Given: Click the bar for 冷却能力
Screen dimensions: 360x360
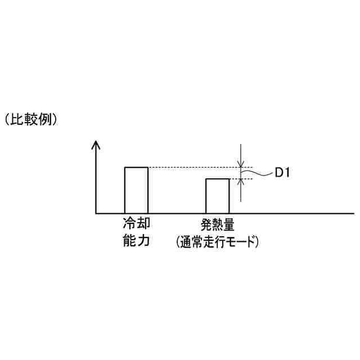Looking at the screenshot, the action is pyautogui.click(x=136, y=190).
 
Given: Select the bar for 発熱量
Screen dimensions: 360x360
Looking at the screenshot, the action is pyautogui.click(x=217, y=196).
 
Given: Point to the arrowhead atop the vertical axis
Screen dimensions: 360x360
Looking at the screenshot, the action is pyautogui.click(x=96, y=145).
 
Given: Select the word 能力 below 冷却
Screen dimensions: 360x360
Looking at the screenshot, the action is pyautogui.click(x=137, y=241).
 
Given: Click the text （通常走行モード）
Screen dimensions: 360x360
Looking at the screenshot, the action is pyautogui.click(x=217, y=242).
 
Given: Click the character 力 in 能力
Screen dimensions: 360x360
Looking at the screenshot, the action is pyautogui.click(x=143, y=241).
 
